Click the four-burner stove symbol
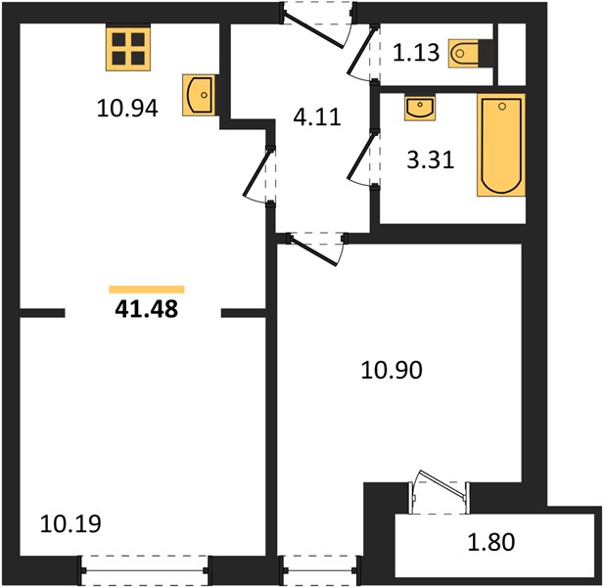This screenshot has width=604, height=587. tap(128, 48)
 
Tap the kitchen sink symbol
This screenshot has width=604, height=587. tap(199, 95)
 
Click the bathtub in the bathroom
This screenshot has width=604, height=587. tap(501, 145)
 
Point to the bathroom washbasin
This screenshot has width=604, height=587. tap(420, 109)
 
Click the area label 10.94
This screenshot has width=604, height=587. tap(127, 109)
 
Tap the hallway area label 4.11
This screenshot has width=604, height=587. tap(317, 117)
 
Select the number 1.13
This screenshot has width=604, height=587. tap(416, 53)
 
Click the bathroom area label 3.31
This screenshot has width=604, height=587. tap(431, 160)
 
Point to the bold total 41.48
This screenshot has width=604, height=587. tap(147, 309)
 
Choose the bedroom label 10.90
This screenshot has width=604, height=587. tap(392, 370)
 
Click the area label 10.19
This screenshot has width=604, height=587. tap(70, 523)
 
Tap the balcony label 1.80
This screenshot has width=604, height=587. tap(491, 542)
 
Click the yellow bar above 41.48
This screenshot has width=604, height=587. tap(147, 290)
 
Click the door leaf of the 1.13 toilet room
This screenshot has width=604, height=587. tap(361, 51)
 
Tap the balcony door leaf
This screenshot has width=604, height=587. tap(443, 484)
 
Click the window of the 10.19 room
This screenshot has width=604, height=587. tap(145, 570)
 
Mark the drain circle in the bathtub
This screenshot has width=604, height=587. tap(501, 107)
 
